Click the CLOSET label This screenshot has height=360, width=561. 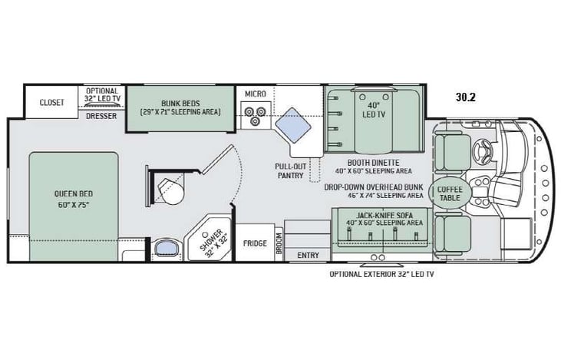[52, 102]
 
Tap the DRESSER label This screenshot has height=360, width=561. [101, 117]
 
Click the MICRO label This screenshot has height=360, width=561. [255, 94]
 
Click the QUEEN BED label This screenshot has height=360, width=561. [74, 200]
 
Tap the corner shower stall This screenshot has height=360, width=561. [208, 241]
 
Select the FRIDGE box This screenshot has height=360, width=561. [256, 243]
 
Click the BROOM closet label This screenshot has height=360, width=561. [279, 243]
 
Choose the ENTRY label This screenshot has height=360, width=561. [307, 255]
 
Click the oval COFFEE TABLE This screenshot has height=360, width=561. [450, 193]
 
